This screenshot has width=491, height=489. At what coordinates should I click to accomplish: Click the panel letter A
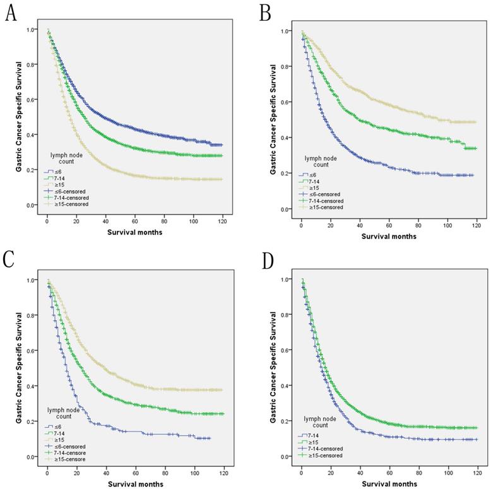[x=11, y=13]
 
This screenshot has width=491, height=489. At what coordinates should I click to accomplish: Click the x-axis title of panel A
[x=134, y=231]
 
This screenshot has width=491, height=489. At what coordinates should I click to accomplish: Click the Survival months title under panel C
[x=135, y=484]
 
